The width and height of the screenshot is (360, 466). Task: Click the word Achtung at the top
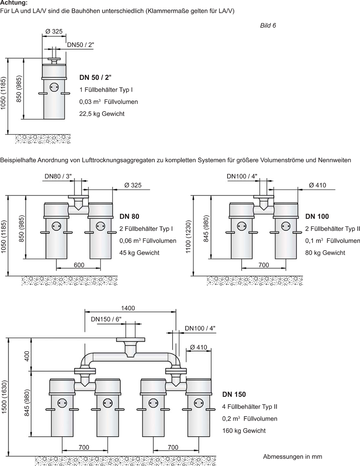tap(14, 3)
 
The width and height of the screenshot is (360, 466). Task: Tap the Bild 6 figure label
tap(268, 25)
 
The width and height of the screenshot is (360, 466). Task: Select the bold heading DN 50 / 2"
tap(95, 77)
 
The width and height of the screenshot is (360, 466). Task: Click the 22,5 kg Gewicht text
tap(102, 114)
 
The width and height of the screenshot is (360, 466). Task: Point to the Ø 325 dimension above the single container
tap(54, 32)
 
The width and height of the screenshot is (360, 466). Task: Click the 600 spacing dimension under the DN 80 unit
tap(79, 265)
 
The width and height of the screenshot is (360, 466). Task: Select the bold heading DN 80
tap(130, 216)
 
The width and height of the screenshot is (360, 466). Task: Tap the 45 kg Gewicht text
tap(139, 253)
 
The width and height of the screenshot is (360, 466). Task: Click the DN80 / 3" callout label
tap(58, 176)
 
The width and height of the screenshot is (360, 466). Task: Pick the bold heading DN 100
tap(317, 216)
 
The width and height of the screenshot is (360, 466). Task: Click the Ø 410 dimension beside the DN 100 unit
tap(317, 185)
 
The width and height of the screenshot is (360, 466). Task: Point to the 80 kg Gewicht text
tap(325, 253)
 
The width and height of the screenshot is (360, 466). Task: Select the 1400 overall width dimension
tap(128, 308)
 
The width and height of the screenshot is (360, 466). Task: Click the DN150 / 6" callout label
tap(106, 319)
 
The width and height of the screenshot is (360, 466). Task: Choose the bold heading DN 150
tap(234, 394)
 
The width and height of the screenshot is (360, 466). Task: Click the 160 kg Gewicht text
tap(244, 431)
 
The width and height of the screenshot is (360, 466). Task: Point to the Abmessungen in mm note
tap(292, 457)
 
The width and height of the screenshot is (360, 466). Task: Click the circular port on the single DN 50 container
tap(54, 86)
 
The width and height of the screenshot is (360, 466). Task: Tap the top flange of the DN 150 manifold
tap(130, 340)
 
